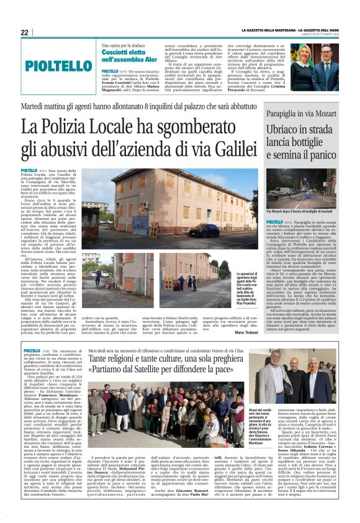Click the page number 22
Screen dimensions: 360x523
(x=24, y=32)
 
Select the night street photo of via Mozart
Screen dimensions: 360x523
(x=301, y=189)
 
